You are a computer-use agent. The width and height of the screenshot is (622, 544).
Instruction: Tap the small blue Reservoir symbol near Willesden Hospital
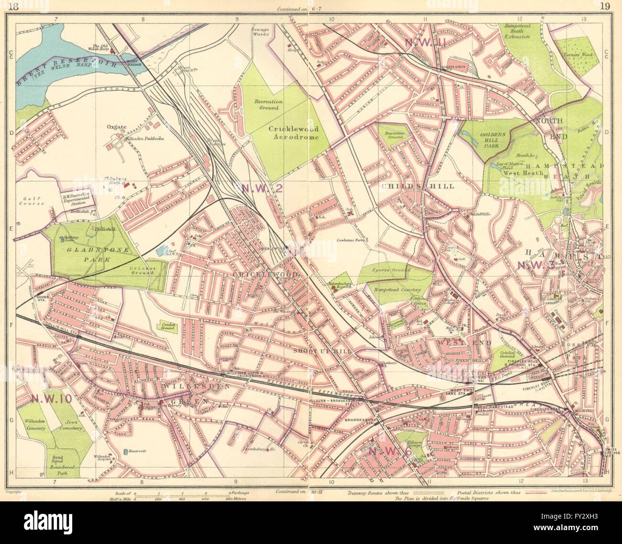125,451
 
